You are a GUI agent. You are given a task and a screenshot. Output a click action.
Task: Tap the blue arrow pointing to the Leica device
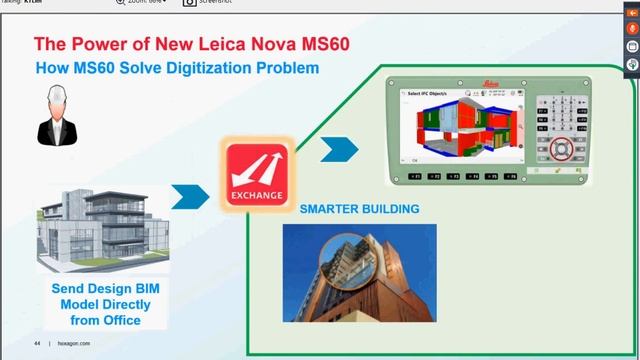339,150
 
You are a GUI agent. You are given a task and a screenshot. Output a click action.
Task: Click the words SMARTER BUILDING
360,210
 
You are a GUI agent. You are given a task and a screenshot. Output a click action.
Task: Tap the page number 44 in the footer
37,343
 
